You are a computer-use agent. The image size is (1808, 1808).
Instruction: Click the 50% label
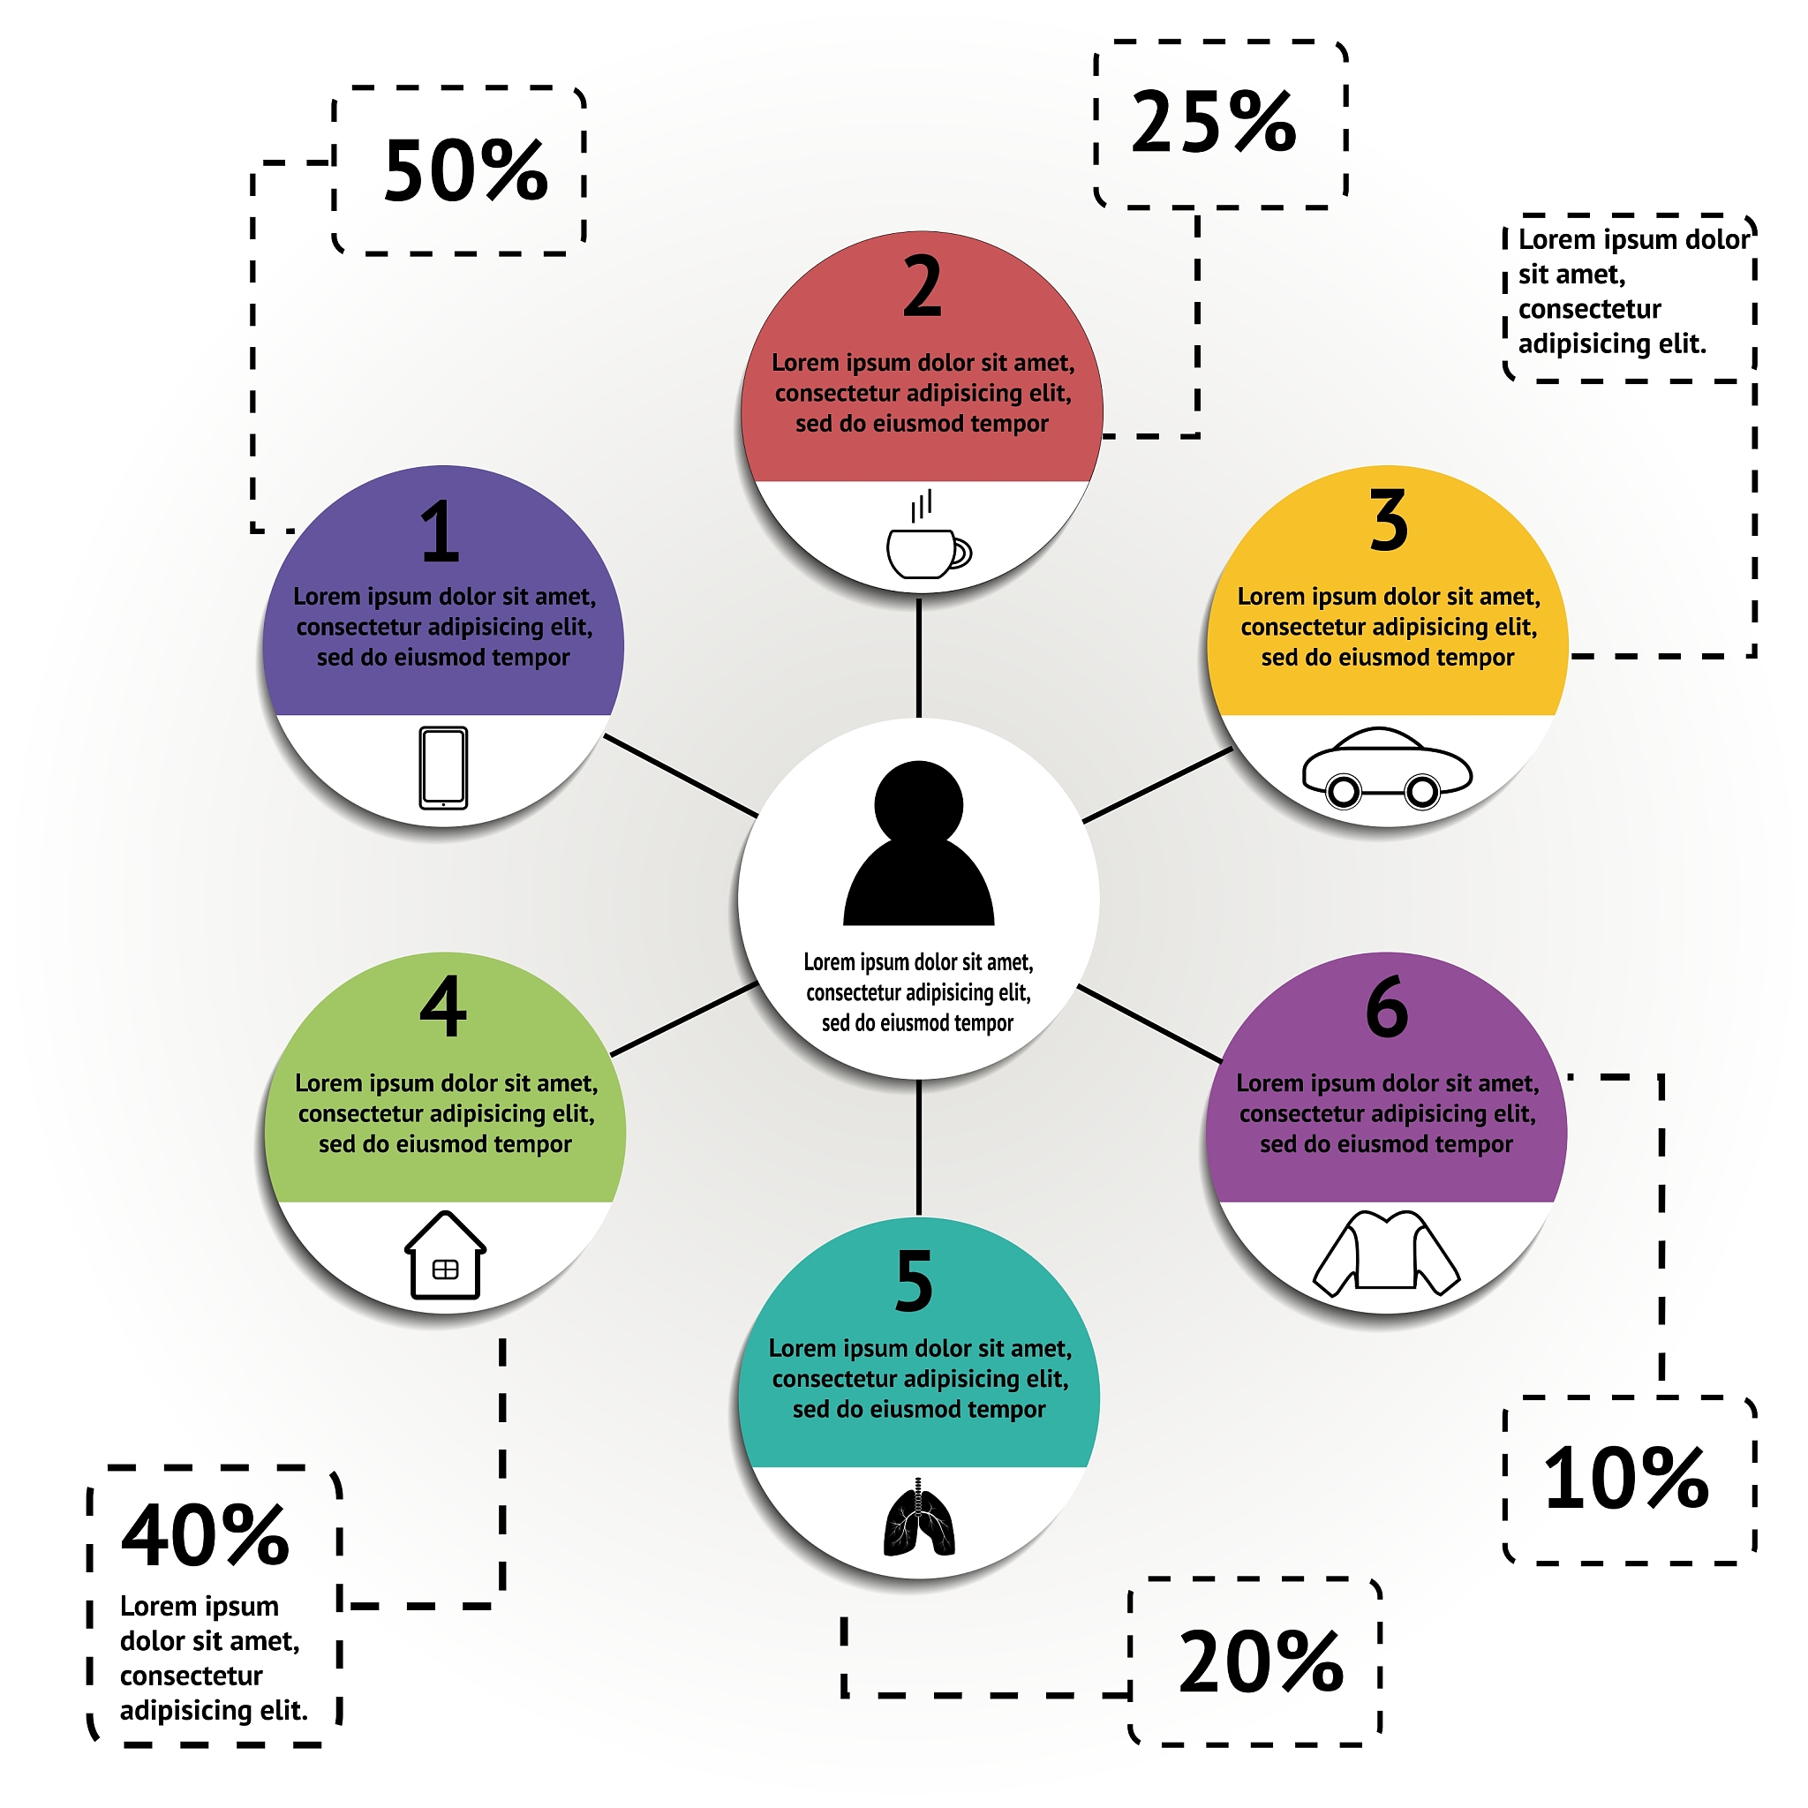pos(465,171)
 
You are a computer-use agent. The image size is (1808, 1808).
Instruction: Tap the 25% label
pos(1214,123)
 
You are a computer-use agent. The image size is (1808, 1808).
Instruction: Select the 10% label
pos(1626,1480)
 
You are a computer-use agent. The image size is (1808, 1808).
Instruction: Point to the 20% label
pos(1261,1663)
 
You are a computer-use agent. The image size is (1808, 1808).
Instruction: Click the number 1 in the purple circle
pos(440,531)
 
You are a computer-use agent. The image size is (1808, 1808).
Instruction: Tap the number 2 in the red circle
pos(922,286)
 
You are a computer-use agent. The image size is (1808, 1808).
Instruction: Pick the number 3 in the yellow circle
pos(1389,521)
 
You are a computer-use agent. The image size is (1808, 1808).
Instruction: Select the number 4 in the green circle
pos(442,1007)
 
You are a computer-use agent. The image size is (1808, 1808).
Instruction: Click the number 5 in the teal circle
pos(915,1282)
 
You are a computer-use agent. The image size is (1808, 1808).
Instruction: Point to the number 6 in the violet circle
pos(1387,1008)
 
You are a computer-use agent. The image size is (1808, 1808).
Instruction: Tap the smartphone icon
pos(442,767)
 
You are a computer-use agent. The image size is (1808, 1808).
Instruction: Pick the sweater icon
pos(1386,1253)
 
